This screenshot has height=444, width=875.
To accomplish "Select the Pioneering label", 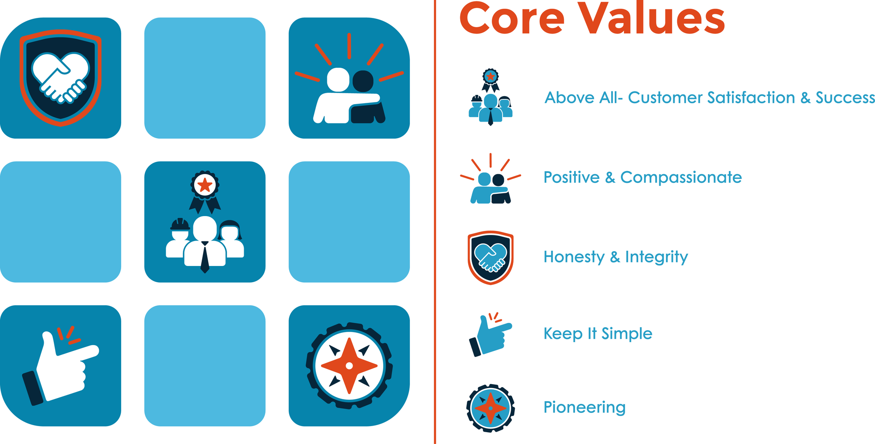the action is point(584,407).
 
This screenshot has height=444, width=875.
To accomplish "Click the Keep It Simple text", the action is point(598,333).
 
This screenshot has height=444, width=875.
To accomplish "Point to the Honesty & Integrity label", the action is point(616,257).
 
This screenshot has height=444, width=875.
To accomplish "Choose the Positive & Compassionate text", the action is point(643,177).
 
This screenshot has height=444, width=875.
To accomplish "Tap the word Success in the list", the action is point(845,98).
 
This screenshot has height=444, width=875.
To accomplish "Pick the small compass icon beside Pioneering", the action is point(490,409).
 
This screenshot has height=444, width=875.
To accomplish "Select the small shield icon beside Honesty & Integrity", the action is point(490,258).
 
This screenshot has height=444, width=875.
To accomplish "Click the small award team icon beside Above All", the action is point(490,97).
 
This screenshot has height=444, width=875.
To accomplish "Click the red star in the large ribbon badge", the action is point(205,185).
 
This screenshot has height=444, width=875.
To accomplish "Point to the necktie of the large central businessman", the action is point(205,258).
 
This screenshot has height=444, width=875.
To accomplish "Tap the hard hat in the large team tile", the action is point(180,224).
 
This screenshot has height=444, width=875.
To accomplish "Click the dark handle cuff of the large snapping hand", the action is point(33,388).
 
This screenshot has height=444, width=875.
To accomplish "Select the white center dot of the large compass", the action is point(349,366).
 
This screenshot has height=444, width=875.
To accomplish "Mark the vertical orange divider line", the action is point(435,222).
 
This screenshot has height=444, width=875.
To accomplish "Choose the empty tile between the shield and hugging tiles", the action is point(205,78).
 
